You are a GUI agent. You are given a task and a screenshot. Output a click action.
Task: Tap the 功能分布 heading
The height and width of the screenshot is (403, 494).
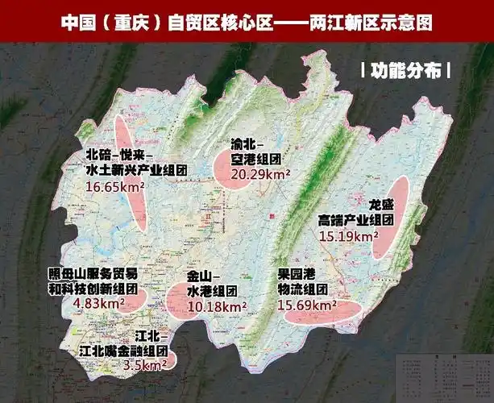(405, 70)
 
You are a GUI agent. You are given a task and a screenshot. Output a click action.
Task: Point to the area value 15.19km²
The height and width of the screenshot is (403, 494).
(349, 236)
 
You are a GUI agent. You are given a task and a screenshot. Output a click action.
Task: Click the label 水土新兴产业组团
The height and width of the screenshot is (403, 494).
(136, 170)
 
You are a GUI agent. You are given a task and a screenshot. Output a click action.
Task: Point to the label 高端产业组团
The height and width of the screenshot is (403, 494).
(355, 220)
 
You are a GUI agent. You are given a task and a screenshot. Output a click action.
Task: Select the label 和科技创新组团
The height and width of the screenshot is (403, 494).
(91, 288)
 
